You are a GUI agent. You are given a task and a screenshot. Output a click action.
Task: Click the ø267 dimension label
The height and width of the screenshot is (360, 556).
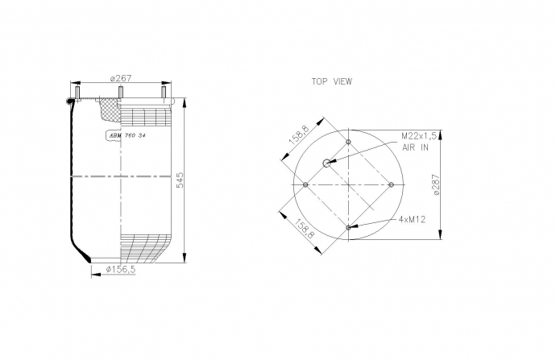click(x=121, y=78)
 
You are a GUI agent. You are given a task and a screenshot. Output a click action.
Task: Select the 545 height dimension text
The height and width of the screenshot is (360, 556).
click(x=180, y=180)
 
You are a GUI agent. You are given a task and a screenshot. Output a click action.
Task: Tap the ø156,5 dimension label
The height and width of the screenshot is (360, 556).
click(x=121, y=269)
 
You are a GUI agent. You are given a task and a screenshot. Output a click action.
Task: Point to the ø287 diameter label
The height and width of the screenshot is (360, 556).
click(x=436, y=184)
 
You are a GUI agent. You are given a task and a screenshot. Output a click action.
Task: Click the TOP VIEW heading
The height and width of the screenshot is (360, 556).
click(x=332, y=81)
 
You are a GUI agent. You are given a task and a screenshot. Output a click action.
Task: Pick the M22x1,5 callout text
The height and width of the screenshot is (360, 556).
click(x=419, y=136)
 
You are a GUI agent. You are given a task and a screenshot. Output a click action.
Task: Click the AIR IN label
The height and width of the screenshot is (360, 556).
click(x=415, y=147)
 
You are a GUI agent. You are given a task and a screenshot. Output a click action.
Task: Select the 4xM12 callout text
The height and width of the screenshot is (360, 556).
click(x=412, y=220)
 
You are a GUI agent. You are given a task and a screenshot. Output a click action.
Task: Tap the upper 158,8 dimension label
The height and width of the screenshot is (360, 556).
click(x=300, y=136)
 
